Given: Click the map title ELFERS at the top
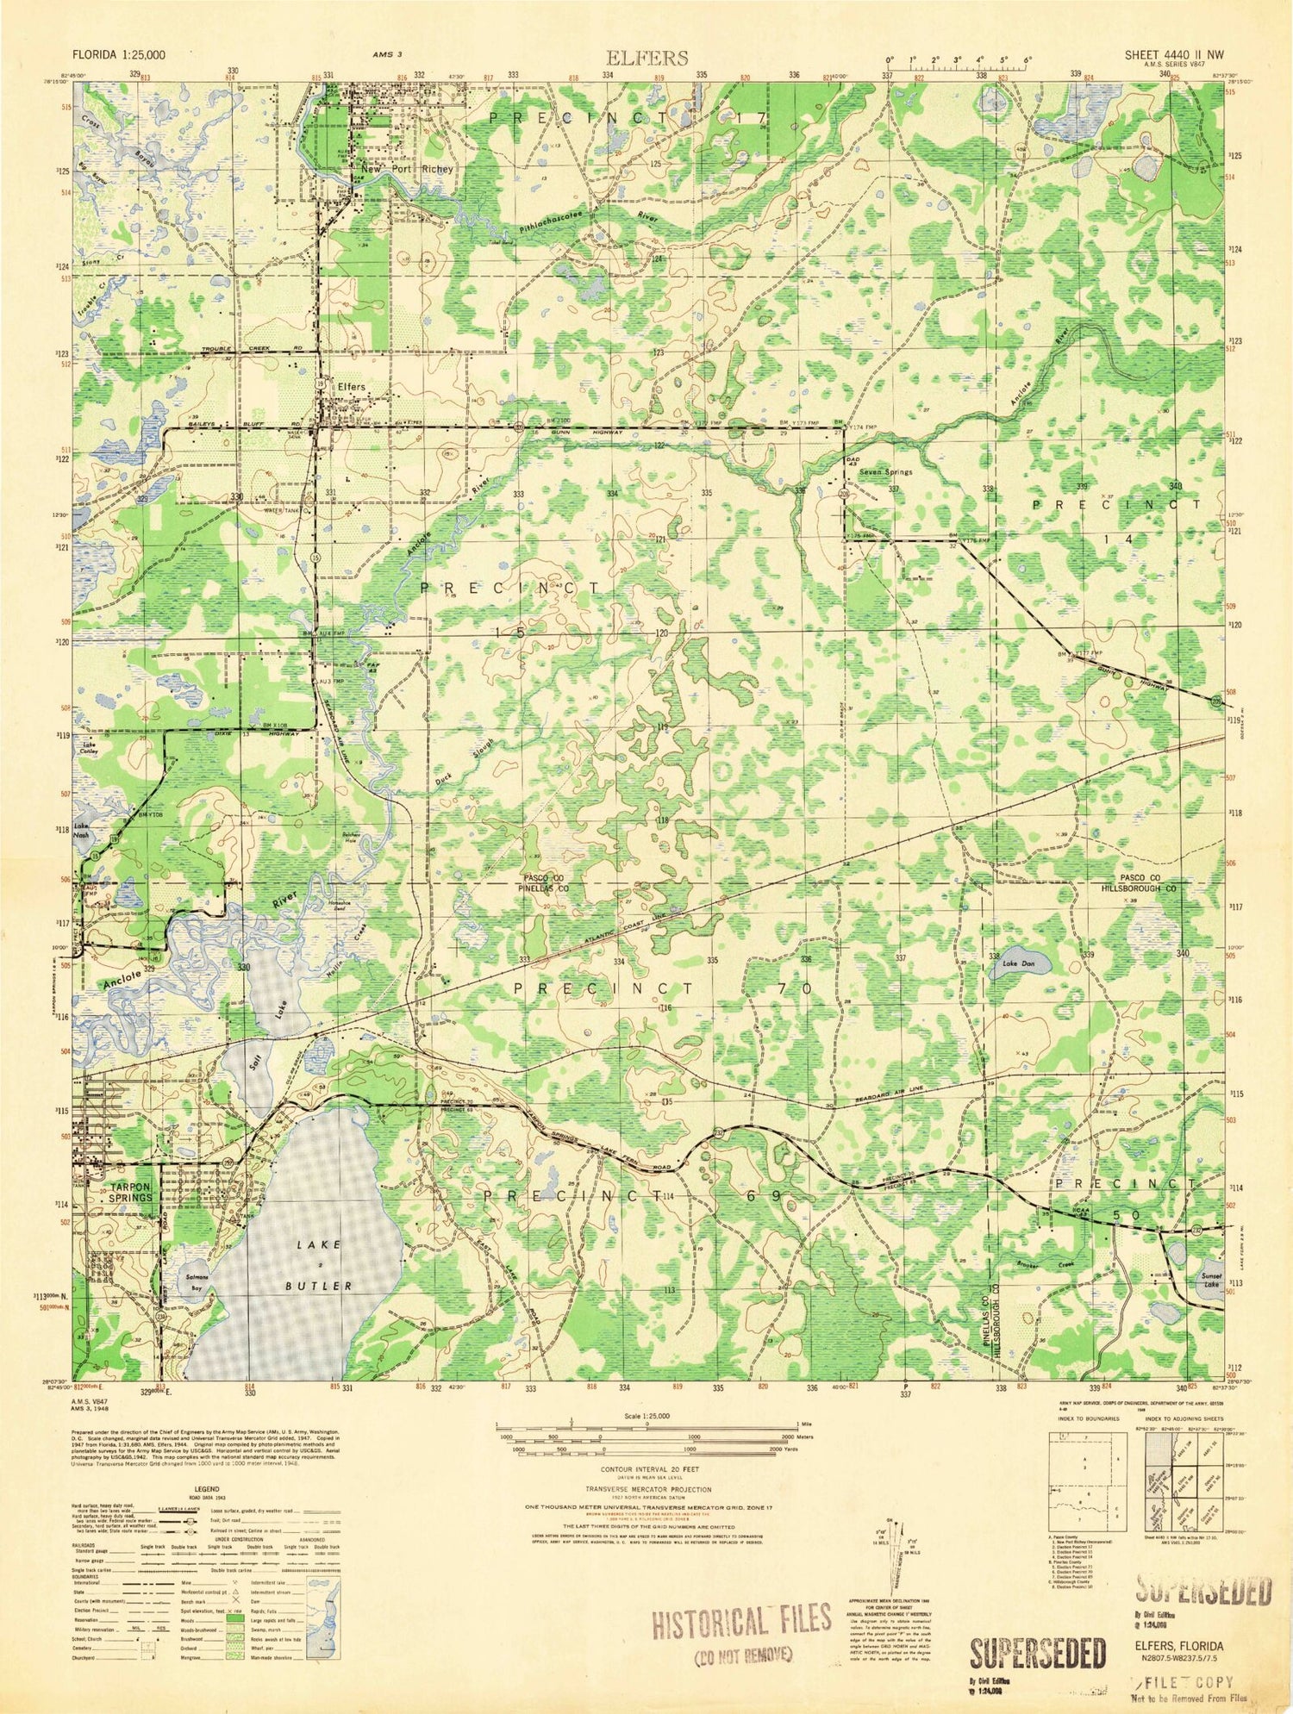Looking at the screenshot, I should (647, 58).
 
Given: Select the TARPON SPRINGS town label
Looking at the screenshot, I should (131, 1192).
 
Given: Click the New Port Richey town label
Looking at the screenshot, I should (407, 169).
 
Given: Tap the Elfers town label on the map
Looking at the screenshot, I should (351, 387).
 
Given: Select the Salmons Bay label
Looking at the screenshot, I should (197, 1282).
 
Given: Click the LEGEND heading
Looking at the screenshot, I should (206, 1488).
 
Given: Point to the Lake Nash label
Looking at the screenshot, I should (83, 830).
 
